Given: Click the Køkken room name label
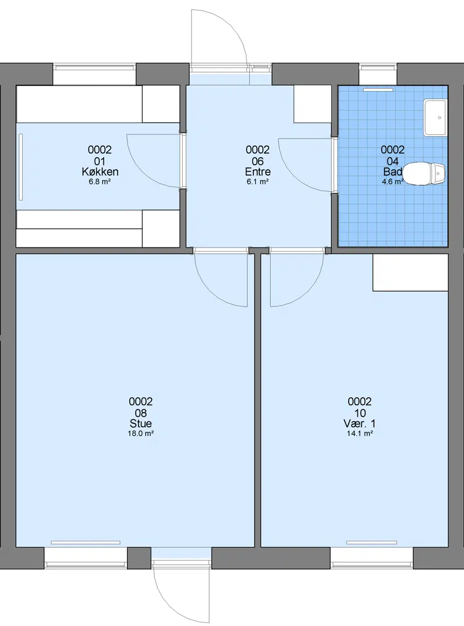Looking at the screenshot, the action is [100, 172].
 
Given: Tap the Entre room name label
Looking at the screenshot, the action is [258, 172].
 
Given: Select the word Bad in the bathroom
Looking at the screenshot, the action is [393, 172].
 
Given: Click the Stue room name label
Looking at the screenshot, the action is [141, 424].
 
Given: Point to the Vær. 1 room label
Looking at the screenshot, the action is [360, 424].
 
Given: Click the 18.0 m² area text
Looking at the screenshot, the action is [141, 434].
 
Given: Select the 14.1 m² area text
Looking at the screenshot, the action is [360, 434].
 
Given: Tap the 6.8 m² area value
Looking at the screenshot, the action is [100, 182].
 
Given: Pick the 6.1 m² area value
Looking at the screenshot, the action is [258, 182].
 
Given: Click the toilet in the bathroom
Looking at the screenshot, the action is [423, 174].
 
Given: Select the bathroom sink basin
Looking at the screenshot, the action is [435, 118].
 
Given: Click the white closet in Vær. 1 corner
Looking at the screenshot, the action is [411, 272].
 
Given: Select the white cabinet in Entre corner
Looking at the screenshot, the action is [313, 104].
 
